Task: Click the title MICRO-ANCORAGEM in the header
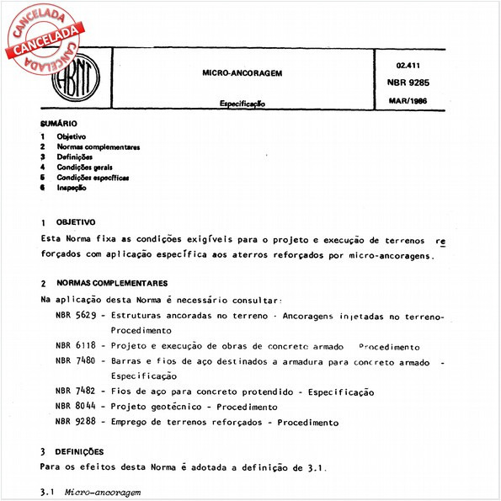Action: click(242, 73)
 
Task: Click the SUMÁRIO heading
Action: click(59, 125)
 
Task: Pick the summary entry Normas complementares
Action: click(98, 147)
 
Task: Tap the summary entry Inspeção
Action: click(72, 189)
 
